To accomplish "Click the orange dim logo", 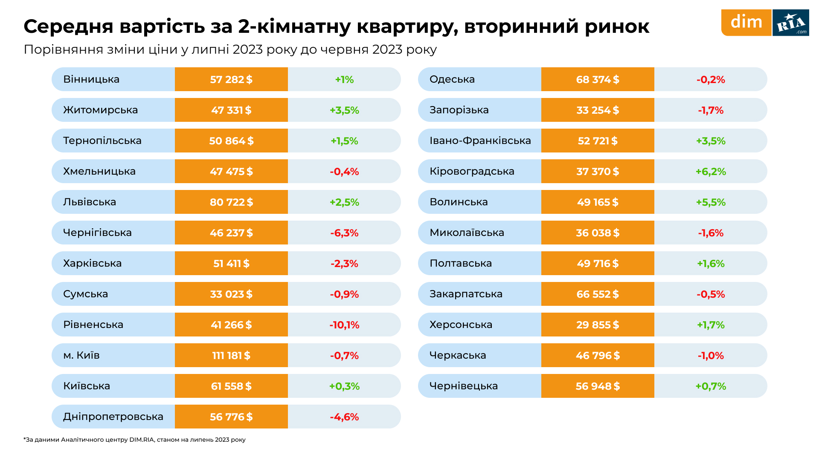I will click(x=746, y=22).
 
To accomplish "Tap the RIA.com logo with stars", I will click(x=791, y=23).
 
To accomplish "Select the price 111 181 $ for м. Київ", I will click(x=231, y=355).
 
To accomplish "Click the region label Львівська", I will click(x=90, y=202).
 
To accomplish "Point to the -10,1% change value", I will click(x=344, y=325).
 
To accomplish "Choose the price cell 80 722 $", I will click(x=231, y=202).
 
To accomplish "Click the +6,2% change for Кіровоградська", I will click(x=711, y=172).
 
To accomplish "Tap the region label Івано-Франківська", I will click(x=480, y=141).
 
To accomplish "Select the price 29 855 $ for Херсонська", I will click(x=598, y=325).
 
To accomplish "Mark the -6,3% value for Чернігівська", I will click(x=344, y=233).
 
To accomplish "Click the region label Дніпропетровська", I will click(x=113, y=417).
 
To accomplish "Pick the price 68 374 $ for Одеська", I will click(x=598, y=80).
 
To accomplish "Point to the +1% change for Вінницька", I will click(x=344, y=80).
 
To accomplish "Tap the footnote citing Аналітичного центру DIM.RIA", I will click(x=134, y=440).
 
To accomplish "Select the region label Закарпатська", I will click(x=466, y=294).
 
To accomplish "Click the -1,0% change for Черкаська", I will click(x=711, y=356).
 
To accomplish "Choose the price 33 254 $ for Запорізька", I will click(x=598, y=110).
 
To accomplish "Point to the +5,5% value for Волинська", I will click(x=711, y=202).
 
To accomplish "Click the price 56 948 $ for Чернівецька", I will click(x=598, y=386).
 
